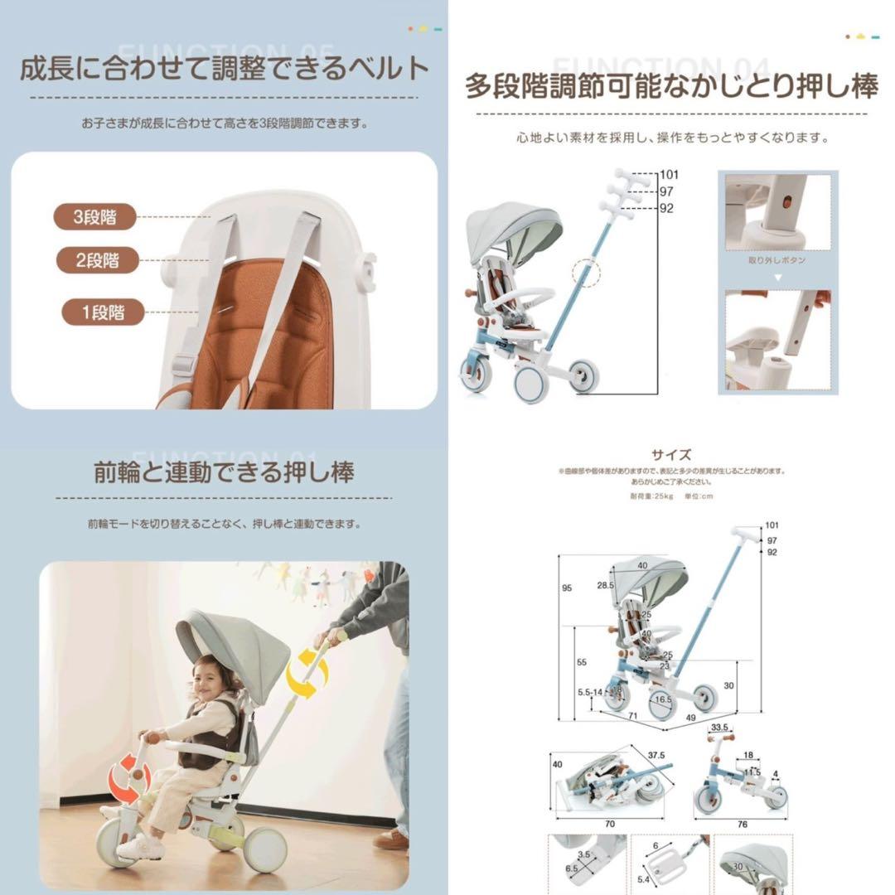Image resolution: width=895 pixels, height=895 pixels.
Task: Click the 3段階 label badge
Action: pyautogui.click(x=96, y=217)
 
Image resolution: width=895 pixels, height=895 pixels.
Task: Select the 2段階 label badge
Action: pyautogui.click(x=98, y=260)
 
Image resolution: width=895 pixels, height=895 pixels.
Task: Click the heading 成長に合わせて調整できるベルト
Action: pyautogui.click(x=224, y=69)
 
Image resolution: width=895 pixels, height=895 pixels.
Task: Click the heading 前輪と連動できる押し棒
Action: pyautogui.click(x=224, y=473)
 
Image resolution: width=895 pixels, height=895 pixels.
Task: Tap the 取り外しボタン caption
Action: pyautogui.click(x=776, y=260)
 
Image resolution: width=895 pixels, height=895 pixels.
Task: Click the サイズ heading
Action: pyautogui.click(x=671, y=454)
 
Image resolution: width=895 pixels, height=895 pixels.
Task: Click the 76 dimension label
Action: pyautogui.click(x=743, y=825)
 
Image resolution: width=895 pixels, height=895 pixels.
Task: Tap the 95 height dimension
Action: pyautogui.click(x=567, y=588)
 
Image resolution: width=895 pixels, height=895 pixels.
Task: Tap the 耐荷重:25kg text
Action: pyautogui.click(x=651, y=496)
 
